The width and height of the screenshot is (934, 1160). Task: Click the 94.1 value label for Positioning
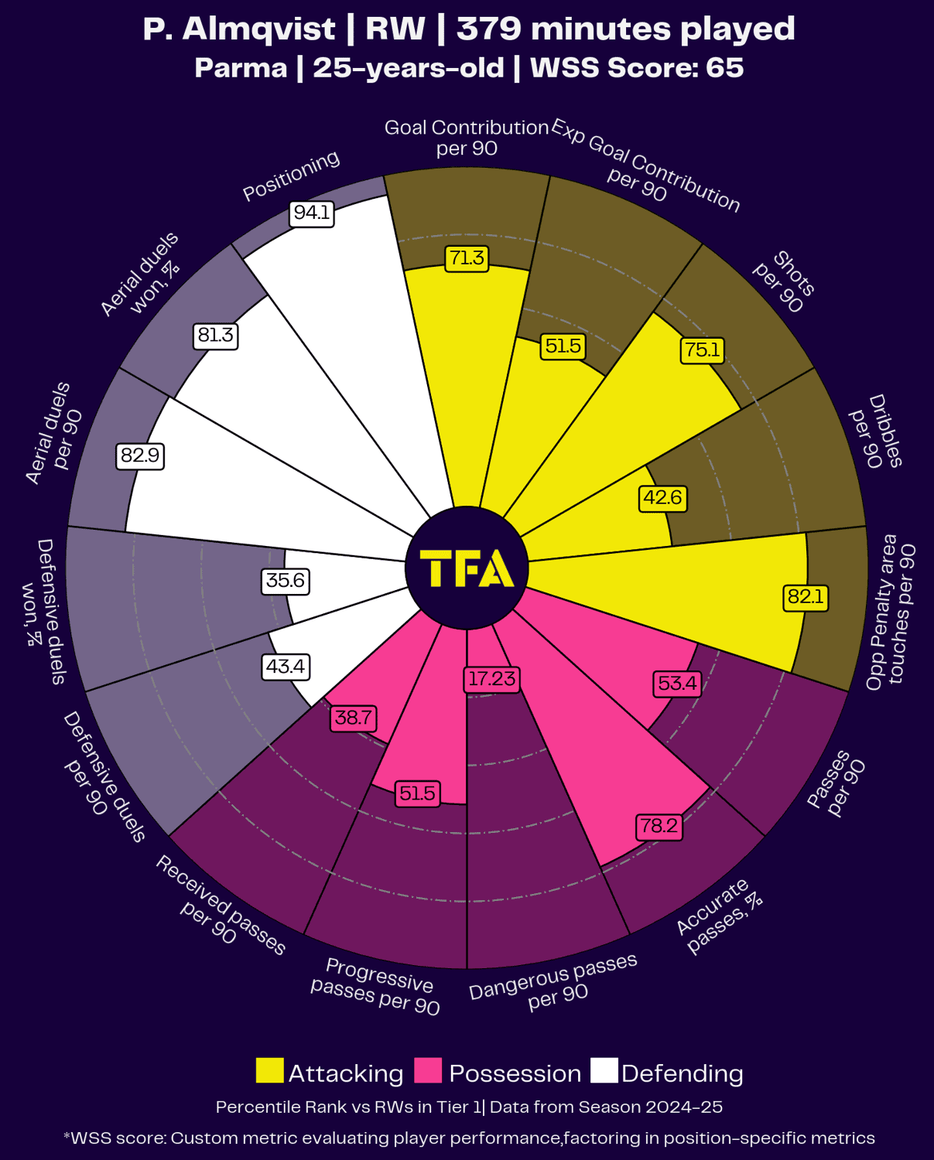[x=312, y=213]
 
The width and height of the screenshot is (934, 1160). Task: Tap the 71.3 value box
[x=467, y=258]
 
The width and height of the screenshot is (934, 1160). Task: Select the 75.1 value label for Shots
[x=702, y=350]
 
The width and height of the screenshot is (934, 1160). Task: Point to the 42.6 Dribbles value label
[x=663, y=497]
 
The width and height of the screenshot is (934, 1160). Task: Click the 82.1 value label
[x=806, y=596]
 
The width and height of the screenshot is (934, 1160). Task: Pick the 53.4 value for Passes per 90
[x=677, y=683]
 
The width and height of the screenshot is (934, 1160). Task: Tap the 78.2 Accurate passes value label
[x=659, y=826]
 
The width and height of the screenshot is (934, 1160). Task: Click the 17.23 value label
[x=492, y=678]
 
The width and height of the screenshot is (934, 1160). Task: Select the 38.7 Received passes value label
[x=354, y=718]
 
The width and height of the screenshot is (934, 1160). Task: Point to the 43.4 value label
[x=286, y=666]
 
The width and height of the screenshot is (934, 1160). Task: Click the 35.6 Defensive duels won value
[x=286, y=580]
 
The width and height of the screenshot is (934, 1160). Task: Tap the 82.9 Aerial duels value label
[x=140, y=455]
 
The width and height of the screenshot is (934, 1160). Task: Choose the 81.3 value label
[x=215, y=335]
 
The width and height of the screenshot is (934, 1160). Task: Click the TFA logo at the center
[x=467, y=568]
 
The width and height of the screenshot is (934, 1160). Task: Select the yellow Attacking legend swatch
[x=269, y=1071]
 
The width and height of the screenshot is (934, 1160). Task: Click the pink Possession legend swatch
[x=428, y=1071]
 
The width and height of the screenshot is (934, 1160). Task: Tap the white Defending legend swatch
[x=604, y=1071]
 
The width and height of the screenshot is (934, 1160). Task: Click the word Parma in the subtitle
[x=241, y=68]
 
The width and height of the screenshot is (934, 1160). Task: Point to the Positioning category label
[x=291, y=176]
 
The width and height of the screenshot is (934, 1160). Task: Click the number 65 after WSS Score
[x=724, y=68]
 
